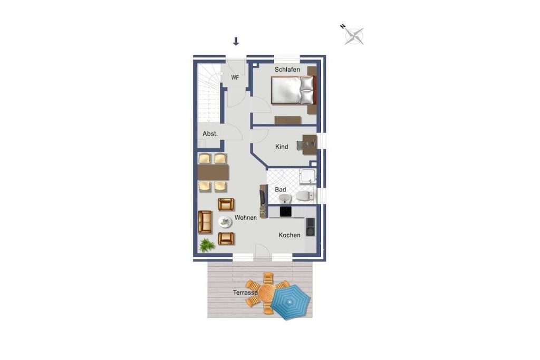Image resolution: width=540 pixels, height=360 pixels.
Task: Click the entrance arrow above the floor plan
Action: [236, 41]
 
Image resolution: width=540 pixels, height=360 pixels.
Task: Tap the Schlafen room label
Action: [287, 70]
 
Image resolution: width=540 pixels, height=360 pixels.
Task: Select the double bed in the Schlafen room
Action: [293, 90]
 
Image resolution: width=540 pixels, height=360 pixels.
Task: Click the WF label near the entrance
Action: [235, 77]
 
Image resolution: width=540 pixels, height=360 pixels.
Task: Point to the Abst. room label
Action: [210, 134]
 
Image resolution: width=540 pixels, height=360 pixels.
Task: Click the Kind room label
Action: [282, 147]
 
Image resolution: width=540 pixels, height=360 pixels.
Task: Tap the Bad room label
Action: [281, 190]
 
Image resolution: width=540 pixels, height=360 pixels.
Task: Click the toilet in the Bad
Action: [304, 196]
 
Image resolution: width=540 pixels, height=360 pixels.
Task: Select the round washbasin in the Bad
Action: [285, 199]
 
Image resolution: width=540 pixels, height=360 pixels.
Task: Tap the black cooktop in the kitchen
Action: [285, 211]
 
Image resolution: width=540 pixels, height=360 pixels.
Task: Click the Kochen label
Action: [290, 235]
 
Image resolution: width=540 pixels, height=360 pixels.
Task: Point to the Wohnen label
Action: [246, 218]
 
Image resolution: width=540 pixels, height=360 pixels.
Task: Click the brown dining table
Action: [213, 172]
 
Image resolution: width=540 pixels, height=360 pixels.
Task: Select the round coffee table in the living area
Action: [225, 222]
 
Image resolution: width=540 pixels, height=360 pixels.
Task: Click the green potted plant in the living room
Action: [207, 246]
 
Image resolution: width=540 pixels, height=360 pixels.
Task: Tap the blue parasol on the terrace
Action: [291, 301]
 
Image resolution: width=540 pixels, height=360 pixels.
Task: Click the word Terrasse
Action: [245, 293]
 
